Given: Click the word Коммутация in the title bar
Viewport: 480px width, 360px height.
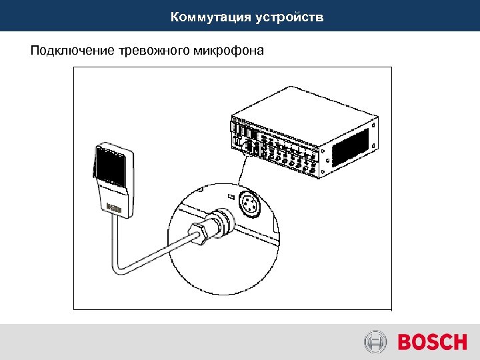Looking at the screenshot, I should (x=209, y=17).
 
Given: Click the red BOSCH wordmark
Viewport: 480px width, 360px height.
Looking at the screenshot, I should (x=432, y=343).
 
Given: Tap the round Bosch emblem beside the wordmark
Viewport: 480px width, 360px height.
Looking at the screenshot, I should (x=375, y=343).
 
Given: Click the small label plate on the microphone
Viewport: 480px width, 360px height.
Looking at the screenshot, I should (x=115, y=207).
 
